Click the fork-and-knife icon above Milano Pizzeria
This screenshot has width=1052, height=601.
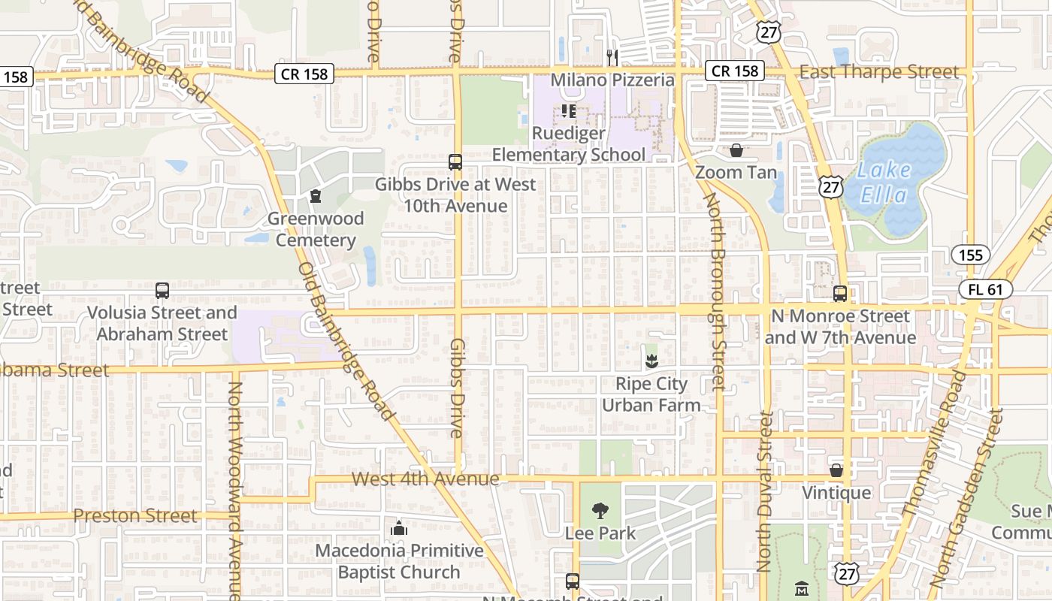click(612, 57)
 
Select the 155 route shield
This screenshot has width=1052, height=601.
click(970, 255)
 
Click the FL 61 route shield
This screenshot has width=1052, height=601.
click(986, 290)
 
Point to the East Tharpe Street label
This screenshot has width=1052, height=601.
click(879, 72)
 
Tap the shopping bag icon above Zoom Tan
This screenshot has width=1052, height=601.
click(736, 150)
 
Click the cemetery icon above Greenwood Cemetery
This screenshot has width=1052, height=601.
click(316, 197)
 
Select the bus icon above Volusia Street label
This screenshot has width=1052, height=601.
click(162, 291)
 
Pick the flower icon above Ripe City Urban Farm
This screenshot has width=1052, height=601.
click(651, 361)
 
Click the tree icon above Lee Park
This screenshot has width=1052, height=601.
click(600, 512)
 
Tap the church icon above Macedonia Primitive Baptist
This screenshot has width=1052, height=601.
click(399, 529)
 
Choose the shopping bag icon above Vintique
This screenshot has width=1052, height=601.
click(836, 471)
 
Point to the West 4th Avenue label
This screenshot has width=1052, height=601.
click(425, 479)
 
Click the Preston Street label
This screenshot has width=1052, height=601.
click(135, 516)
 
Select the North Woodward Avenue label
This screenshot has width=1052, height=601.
click(235, 488)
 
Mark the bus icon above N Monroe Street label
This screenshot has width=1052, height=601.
click(840, 294)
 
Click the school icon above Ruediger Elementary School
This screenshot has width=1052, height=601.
click(569, 112)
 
